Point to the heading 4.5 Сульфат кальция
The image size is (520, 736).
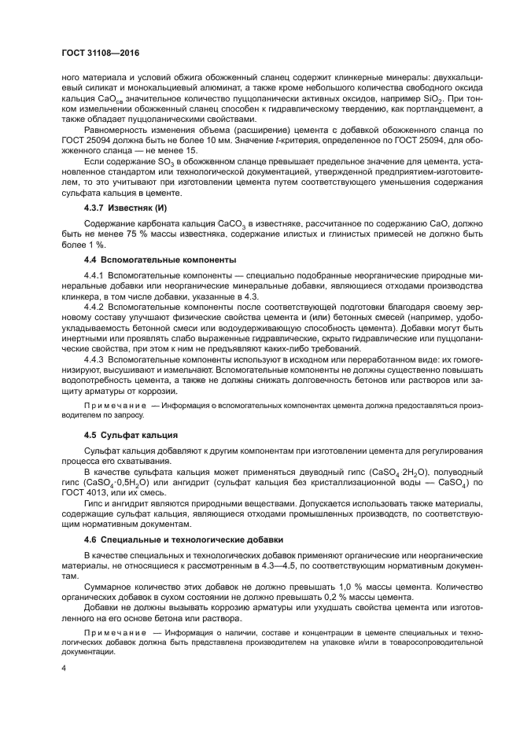[131, 434]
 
